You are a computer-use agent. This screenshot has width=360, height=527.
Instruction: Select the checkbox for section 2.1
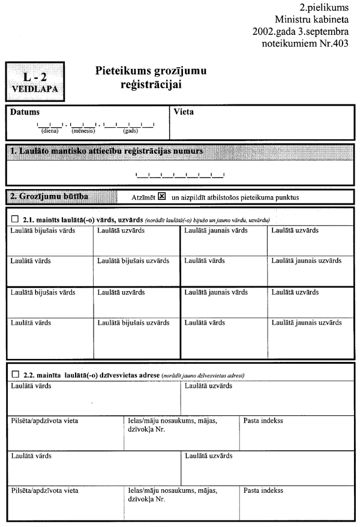point(15,220)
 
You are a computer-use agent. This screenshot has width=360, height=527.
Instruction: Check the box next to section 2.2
point(15,375)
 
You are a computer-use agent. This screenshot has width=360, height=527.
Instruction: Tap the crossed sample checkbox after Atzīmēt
point(161,197)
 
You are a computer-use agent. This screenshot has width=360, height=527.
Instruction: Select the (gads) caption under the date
point(130,130)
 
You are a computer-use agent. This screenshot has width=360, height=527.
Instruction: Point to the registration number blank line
point(180,175)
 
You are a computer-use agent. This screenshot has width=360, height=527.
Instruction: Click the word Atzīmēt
point(143,197)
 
